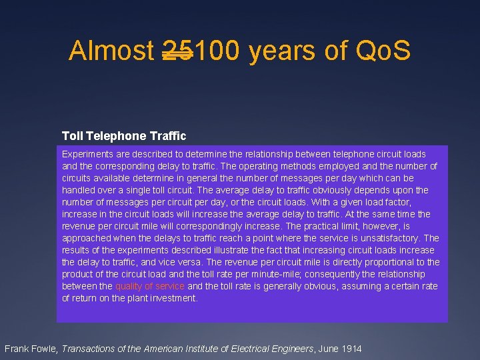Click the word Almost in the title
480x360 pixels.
click(111, 51)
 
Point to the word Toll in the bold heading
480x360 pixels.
click(72, 136)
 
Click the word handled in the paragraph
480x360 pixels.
click(78, 190)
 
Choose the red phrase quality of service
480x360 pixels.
click(150, 286)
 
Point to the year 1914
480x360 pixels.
click(351, 348)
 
